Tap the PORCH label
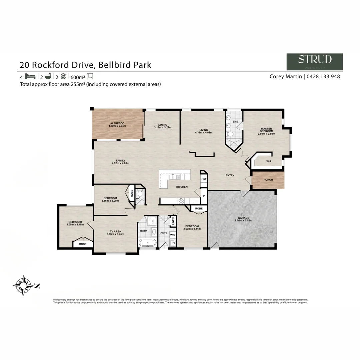tap(268, 180)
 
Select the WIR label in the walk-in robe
tap(269, 161)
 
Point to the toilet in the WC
tap(140, 193)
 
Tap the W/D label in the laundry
tap(173, 235)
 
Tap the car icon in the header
tap(63, 76)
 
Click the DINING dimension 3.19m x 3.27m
tap(163, 127)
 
